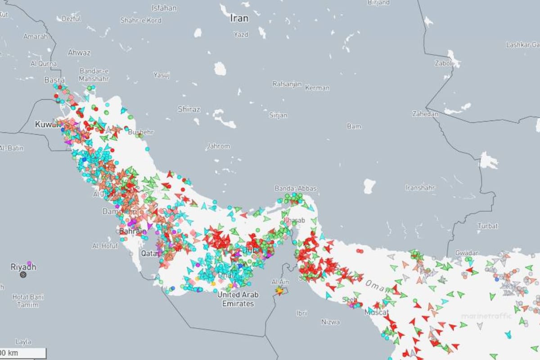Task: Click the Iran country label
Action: (x=239, y=18)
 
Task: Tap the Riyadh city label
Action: (x=23, y=267)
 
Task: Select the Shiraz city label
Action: (x=189, y=109)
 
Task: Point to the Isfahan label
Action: (x=164, y=8)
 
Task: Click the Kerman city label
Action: (x=317, y=88)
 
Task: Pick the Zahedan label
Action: (x=425, y=114)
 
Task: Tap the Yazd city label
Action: (x=241, y=34)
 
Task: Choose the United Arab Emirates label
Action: (x=238, y=299)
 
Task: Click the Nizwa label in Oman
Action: (x=331, y=322)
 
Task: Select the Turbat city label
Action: (x=488, y=226)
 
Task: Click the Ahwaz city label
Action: (x=79, y=53)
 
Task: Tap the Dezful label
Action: (x=71, y=19)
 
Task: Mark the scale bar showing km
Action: (x=22, y=353)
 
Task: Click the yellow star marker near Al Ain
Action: (x=279, y=291)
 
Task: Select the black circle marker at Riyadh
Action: (x=23, y=274)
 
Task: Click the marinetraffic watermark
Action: (x=486, y=316)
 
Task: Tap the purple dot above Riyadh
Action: (x=29, y=263)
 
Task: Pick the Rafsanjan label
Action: (x=287, y=84)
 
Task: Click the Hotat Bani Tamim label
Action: (x=28, y=301)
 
